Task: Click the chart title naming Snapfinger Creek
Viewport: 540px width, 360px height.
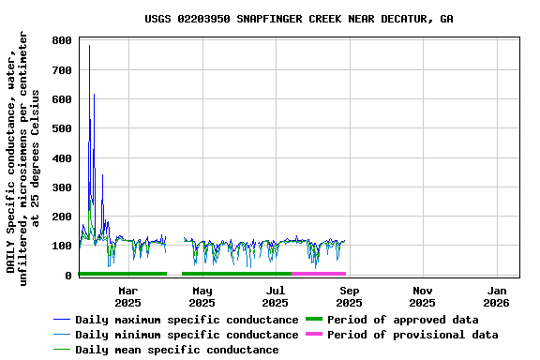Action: [298, 19]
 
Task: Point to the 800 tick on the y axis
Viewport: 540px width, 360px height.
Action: [63, 41]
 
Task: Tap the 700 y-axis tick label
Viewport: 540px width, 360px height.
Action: [63, 70]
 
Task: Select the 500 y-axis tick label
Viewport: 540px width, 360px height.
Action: [63, 129]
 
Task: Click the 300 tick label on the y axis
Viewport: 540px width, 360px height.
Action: [63, 187]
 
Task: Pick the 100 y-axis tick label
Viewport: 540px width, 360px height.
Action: [63, 246]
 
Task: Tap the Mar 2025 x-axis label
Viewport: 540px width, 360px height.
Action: [128, 296]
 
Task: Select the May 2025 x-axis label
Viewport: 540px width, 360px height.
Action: [202, 296]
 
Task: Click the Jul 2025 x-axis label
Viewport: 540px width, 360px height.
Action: [275, 296]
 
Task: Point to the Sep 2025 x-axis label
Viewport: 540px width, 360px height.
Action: [349, 296]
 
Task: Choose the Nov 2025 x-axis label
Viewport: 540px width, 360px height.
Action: [422, 296]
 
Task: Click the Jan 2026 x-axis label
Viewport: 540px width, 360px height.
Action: [496, 296]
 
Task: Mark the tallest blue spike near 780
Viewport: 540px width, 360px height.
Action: [89, 46]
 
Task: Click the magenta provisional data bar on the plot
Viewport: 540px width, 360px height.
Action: [319, 274]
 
